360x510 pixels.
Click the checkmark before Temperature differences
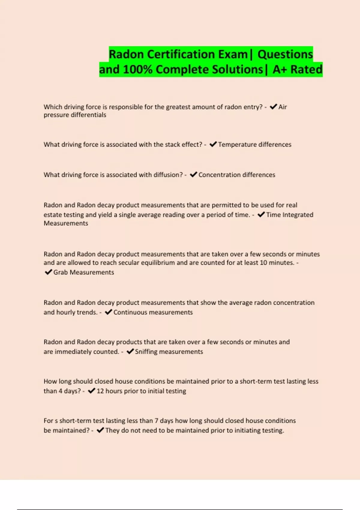(x=213, y=144)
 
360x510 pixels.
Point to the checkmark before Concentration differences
(x=193, y=175)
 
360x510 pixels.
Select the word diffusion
(x=168, y=175)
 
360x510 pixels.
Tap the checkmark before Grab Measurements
(x=48, y=272)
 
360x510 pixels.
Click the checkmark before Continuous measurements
(x=108, y=312)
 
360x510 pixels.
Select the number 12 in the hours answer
(x=100, y=391)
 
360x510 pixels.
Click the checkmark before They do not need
(x=100, y=430)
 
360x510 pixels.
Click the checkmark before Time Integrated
(x=261, y=214)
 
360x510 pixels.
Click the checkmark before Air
(x=273, y=106)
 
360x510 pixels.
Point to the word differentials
(x=89, y=115)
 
